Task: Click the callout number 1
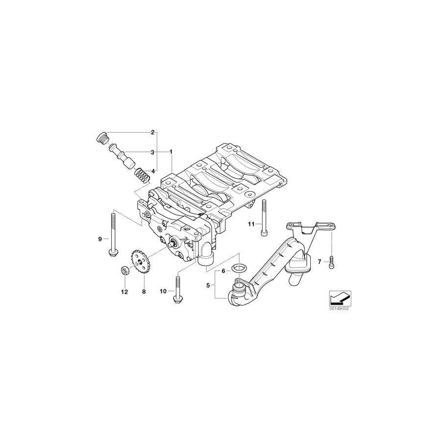click(x=171, y=152)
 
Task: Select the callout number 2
click(x=152, y=132)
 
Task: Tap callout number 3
click(x=152, y=152)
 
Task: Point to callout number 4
click(x=152, y=171)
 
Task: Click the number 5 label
click(x=208, y=285)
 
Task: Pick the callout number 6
click(x=223, y=270)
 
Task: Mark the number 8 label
click(x=144, y=292)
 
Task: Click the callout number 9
click(x=99, y=239)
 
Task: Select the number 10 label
click(x=163, y=292)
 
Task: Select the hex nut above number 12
click(x=124, y=270)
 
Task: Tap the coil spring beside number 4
click(x=141, y=175)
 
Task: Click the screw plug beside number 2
click(x=100, y=138)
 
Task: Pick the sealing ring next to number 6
click(x=239, y=267)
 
